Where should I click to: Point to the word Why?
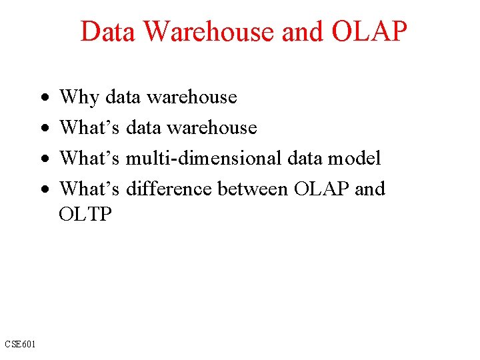79,97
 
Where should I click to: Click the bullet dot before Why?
43,98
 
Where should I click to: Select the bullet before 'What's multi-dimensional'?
43,159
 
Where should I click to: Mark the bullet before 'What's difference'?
43,190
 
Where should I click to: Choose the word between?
253,189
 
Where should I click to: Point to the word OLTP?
86,215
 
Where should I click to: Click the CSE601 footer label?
21,344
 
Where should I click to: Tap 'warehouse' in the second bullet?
212,128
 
